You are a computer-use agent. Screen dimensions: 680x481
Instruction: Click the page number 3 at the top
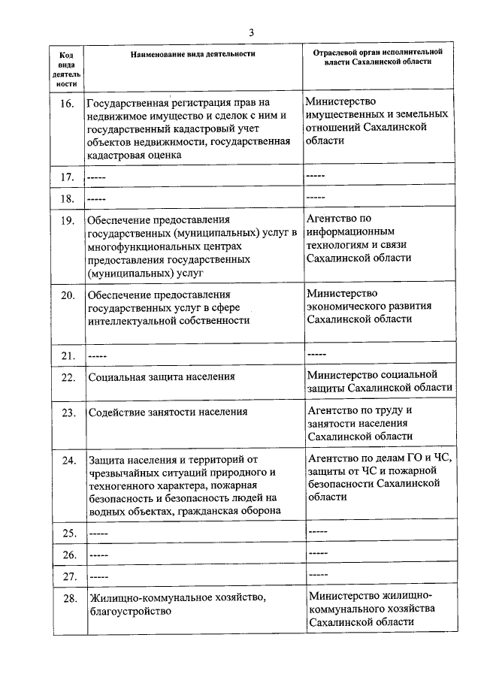pyautogui.click(x=253, y=32)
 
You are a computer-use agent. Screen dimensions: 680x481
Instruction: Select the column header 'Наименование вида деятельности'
pyautogui.click(x=192, y=54)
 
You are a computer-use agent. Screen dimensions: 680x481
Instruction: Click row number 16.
pyautogui.click(x=66, y=102)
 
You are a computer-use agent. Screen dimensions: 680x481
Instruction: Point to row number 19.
pyautogui.click(x=66, y=220)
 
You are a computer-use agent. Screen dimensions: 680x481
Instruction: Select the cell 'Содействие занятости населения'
pyautogui.click(x=168, y=413)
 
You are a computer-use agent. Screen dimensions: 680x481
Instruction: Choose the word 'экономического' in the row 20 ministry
pyautogui.click(x=346, y=306)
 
